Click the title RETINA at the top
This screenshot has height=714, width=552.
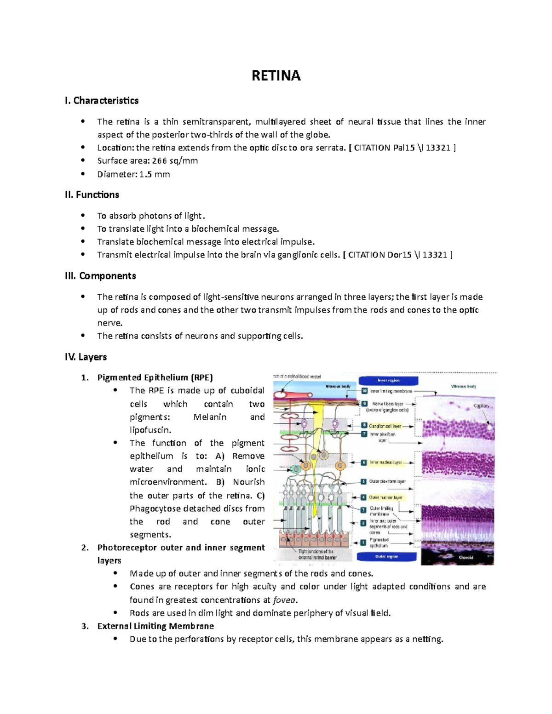276,76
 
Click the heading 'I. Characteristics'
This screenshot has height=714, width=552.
102,101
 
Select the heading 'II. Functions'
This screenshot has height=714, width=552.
92,195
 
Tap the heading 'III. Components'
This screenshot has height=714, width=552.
100,276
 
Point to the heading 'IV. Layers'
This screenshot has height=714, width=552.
86,357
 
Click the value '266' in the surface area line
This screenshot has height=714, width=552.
160,161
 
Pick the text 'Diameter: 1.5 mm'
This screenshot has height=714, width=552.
133,174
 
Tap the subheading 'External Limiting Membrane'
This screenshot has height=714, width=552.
155,626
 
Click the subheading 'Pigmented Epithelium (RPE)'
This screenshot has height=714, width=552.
155,378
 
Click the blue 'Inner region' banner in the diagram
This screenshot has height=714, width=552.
388,381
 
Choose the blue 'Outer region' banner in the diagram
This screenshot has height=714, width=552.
386,557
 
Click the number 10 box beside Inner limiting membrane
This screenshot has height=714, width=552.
364,391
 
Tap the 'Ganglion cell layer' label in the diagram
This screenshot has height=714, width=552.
385,426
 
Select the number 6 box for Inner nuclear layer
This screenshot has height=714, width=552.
364,463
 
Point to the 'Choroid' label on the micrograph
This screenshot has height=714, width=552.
466,558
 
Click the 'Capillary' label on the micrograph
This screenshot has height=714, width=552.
481,406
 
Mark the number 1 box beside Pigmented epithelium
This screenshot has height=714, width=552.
363,543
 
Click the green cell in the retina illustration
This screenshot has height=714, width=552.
295,469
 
